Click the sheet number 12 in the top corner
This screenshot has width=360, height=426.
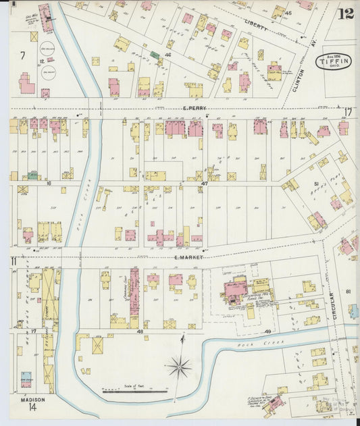[346, 14]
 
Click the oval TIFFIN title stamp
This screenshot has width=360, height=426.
[329, 61]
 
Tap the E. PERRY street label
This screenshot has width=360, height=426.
[194, 108]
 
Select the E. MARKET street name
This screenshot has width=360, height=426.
[188, 257]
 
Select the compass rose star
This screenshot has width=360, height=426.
[179, 367]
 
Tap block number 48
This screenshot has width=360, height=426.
[140, 331]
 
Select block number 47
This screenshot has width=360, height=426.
[204, 182]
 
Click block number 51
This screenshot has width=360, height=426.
[315, 183]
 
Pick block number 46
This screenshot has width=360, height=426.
[168, 53]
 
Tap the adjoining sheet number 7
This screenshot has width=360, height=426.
[22, 54]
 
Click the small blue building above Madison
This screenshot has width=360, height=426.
[26, 379]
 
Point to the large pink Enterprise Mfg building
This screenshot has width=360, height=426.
[235, 290]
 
